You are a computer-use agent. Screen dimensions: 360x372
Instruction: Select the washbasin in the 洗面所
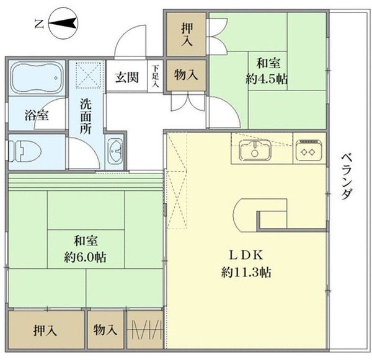click(115, 151)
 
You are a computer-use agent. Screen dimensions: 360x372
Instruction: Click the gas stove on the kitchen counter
click(308, 149)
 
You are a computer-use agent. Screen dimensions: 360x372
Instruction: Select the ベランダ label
click(347, 175)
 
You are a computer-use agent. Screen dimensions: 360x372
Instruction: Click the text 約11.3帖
click(246, 272)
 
